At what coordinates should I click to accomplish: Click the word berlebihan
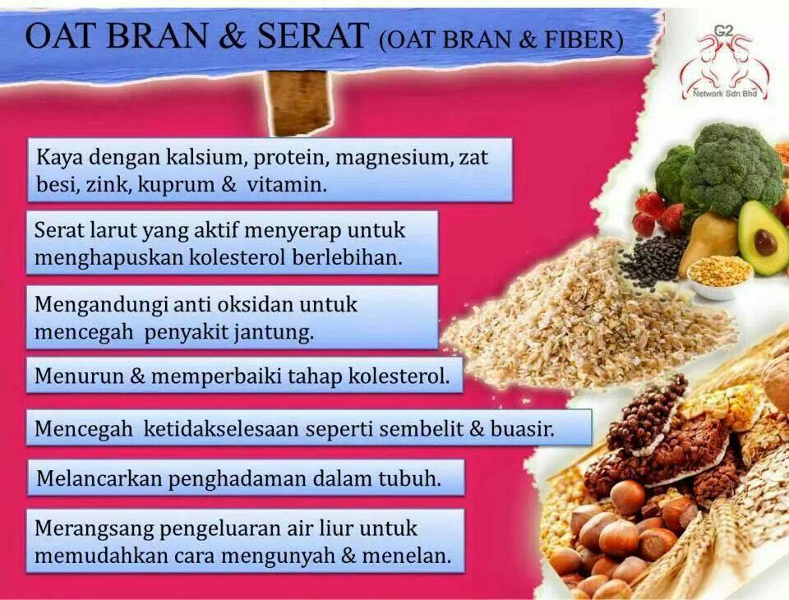347,257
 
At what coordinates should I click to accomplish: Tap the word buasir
523,429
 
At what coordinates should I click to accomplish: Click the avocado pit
765,242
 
